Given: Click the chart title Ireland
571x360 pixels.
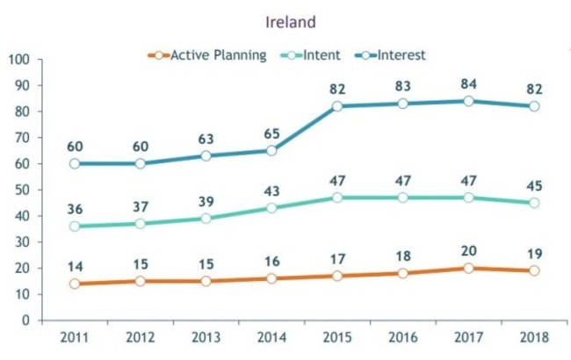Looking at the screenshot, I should [x=285, y=18].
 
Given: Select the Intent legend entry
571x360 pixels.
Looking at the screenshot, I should [x=322, y=54].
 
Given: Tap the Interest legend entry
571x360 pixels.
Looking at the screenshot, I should [x=401, y=54].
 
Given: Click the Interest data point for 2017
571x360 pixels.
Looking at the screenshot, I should [x=469, y=101].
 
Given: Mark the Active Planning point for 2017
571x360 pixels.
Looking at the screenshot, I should [x=469, y=268].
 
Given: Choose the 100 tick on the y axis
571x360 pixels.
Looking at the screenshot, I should [x=18, y=60].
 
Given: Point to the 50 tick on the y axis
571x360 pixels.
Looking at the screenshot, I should [x=22, y=190].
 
